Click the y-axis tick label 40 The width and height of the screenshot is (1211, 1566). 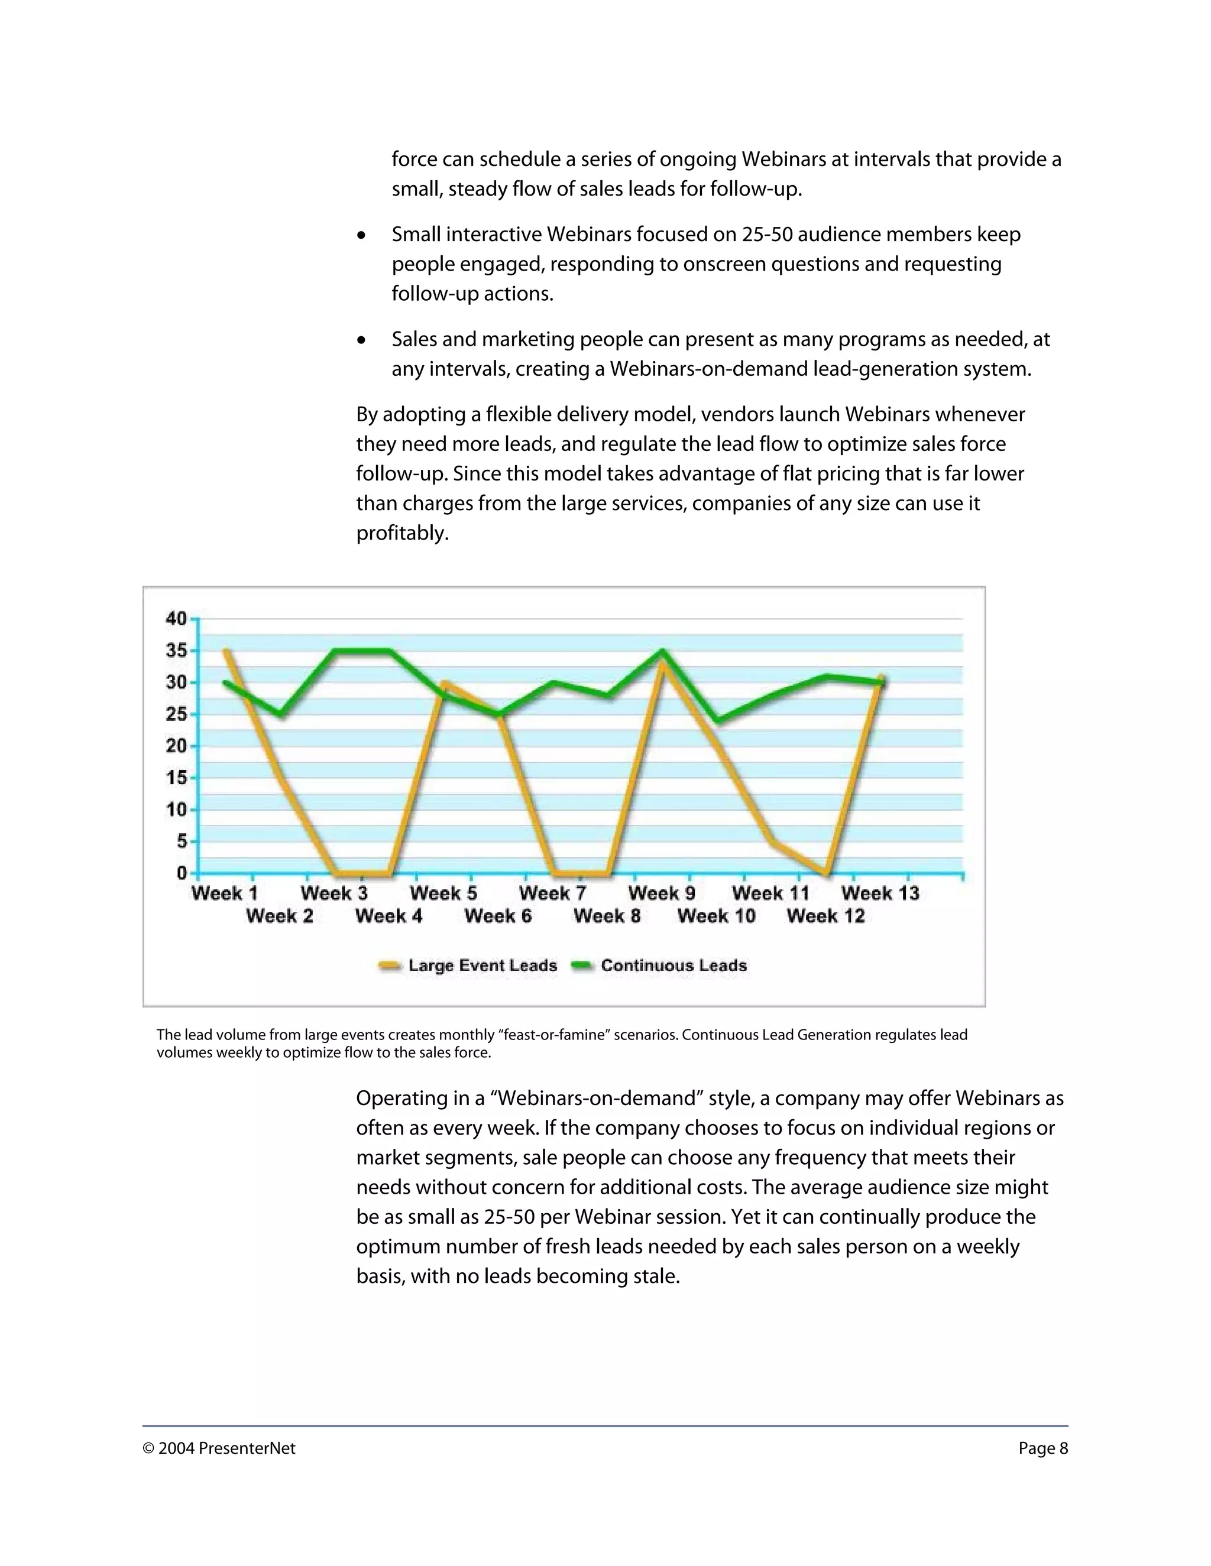click(x=176, y=618)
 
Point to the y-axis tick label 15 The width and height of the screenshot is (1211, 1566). click(x=176, y=777)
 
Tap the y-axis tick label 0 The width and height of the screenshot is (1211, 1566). click(x=182, y=873)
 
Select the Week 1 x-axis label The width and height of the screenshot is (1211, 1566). click(x=225, y=894)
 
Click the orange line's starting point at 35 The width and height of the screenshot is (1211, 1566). click(x=226, y=651)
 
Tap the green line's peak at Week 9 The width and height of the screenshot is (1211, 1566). click(x=663, y=651)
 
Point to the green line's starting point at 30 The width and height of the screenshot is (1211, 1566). click(x=225, y=682)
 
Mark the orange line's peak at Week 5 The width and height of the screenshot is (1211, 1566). click(x=444, y=683)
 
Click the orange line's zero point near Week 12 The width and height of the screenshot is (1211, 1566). click(x=827, y=873)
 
